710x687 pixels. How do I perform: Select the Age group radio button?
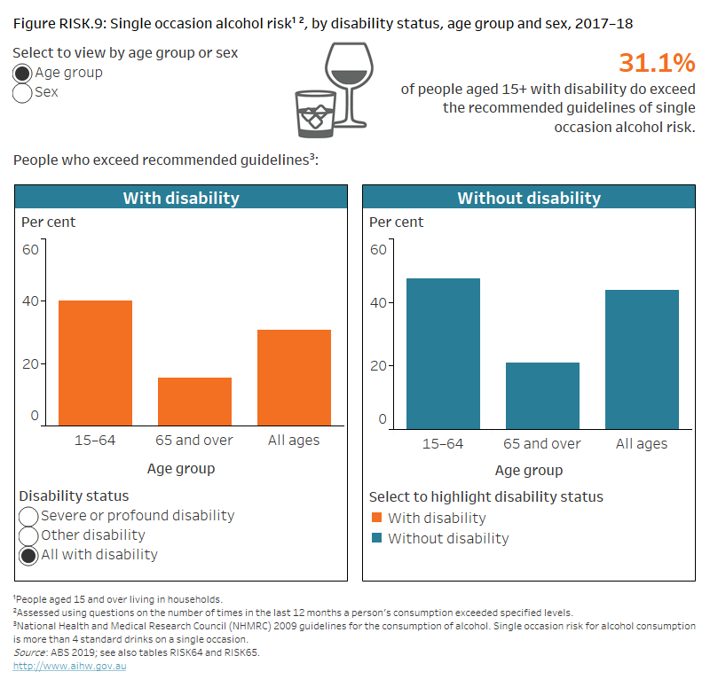[24, 74]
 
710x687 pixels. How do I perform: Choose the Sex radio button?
[24, 93]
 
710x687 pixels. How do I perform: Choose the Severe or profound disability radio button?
[29, 516]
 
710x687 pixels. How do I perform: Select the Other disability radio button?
[29, 535]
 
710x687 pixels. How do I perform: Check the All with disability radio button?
[29, 556]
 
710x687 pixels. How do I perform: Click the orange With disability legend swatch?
[375, 519]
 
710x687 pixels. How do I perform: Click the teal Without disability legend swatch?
[375, 539]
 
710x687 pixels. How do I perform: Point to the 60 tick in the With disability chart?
[30, 249]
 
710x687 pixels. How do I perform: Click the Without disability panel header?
[528, 198]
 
